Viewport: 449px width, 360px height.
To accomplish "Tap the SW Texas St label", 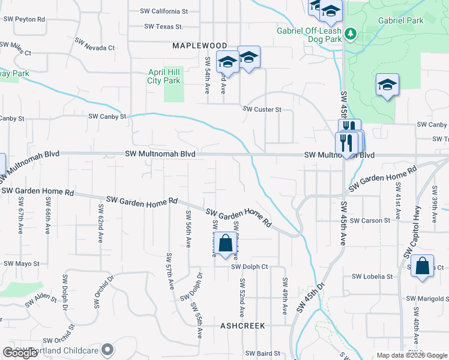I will coord(163,26).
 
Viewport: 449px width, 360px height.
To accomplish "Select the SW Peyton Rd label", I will coord(24,19).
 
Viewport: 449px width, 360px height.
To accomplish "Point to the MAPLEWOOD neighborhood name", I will coord(200,46).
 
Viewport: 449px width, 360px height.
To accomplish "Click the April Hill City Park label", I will coord(164,76).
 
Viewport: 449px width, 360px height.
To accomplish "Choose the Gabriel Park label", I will coord(400,20).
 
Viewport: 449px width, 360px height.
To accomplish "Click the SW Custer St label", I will coord(262,109).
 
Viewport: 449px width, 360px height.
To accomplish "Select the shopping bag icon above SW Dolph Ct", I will coord(225,244).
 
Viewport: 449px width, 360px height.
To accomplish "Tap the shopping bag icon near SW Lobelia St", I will coord(423,266).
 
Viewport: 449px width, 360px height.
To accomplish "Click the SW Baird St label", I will coord(263,353).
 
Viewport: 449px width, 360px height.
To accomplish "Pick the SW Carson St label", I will coord(370,220).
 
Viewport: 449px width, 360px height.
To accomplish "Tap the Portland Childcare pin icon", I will coord(108,349).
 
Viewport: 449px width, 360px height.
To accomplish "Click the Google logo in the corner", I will coord(20,353).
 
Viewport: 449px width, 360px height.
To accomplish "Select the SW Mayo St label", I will coord(21,263).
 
